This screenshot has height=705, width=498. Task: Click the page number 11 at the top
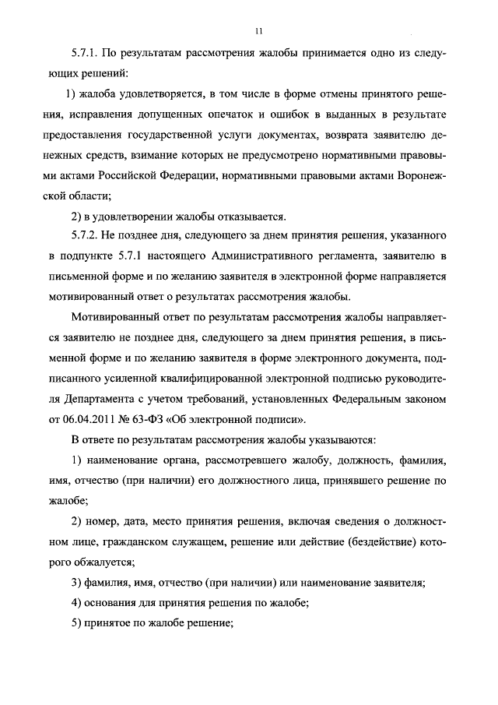[257, 31]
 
